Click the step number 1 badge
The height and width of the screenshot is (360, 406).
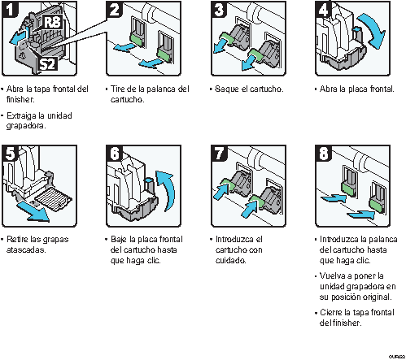click(x=11, y=9)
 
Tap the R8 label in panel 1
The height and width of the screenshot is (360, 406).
click(x=52, y=22)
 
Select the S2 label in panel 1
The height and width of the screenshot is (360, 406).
click(x=47, y=64)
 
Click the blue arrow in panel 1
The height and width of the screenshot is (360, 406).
click(x=19, y=37)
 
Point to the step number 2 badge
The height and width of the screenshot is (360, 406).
click(x=115, y=9)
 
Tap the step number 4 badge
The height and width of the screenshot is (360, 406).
click(x=323, y=9)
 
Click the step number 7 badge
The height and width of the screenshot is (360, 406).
click(x=219, y=153)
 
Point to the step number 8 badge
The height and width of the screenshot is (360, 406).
click(x=323, y=153)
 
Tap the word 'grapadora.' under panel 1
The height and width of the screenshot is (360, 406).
click(x=26, y=126)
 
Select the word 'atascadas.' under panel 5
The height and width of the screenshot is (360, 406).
click(x=26, y=249)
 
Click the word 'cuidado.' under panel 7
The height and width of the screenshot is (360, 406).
click(x=231, y=260)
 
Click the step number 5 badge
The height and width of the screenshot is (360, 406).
click(x=11, y=153)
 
